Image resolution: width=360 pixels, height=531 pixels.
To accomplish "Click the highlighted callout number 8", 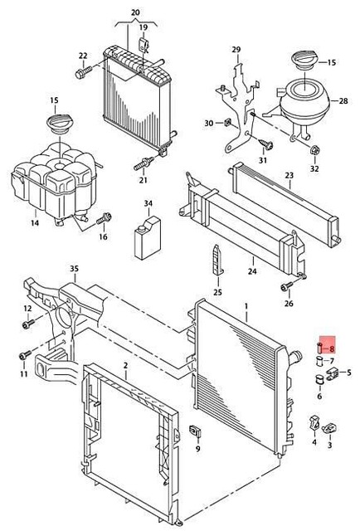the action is (x=332, y=348).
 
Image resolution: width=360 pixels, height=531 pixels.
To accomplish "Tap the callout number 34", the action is (x=148, y=203).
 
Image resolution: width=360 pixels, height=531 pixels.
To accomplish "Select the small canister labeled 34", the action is (x=148, y=238).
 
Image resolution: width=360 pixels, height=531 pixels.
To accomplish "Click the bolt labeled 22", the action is (x=83, y=72).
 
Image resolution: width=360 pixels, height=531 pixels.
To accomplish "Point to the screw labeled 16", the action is (x=105, y=218).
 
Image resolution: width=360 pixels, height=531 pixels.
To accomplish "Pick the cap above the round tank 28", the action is (x=304, y=61).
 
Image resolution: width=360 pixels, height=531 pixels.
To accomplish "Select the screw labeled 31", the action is (x=265, y=144).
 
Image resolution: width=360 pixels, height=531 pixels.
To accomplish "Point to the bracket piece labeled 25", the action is (x=218, y=259).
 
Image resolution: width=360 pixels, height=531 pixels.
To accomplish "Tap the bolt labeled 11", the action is (x=25, y=355).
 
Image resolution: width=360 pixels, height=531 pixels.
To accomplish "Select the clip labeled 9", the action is (x=195, y=431).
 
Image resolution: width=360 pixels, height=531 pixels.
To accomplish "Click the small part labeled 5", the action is (x=332, y=374).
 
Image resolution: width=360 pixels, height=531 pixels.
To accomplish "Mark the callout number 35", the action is (x=74, y=269).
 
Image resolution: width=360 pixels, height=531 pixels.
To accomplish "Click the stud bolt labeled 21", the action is (x=144, y=163).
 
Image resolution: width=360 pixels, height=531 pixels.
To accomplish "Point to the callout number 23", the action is (x=289, y=176).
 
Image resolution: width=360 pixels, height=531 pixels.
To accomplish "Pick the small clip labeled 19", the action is (x=144, y=45).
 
